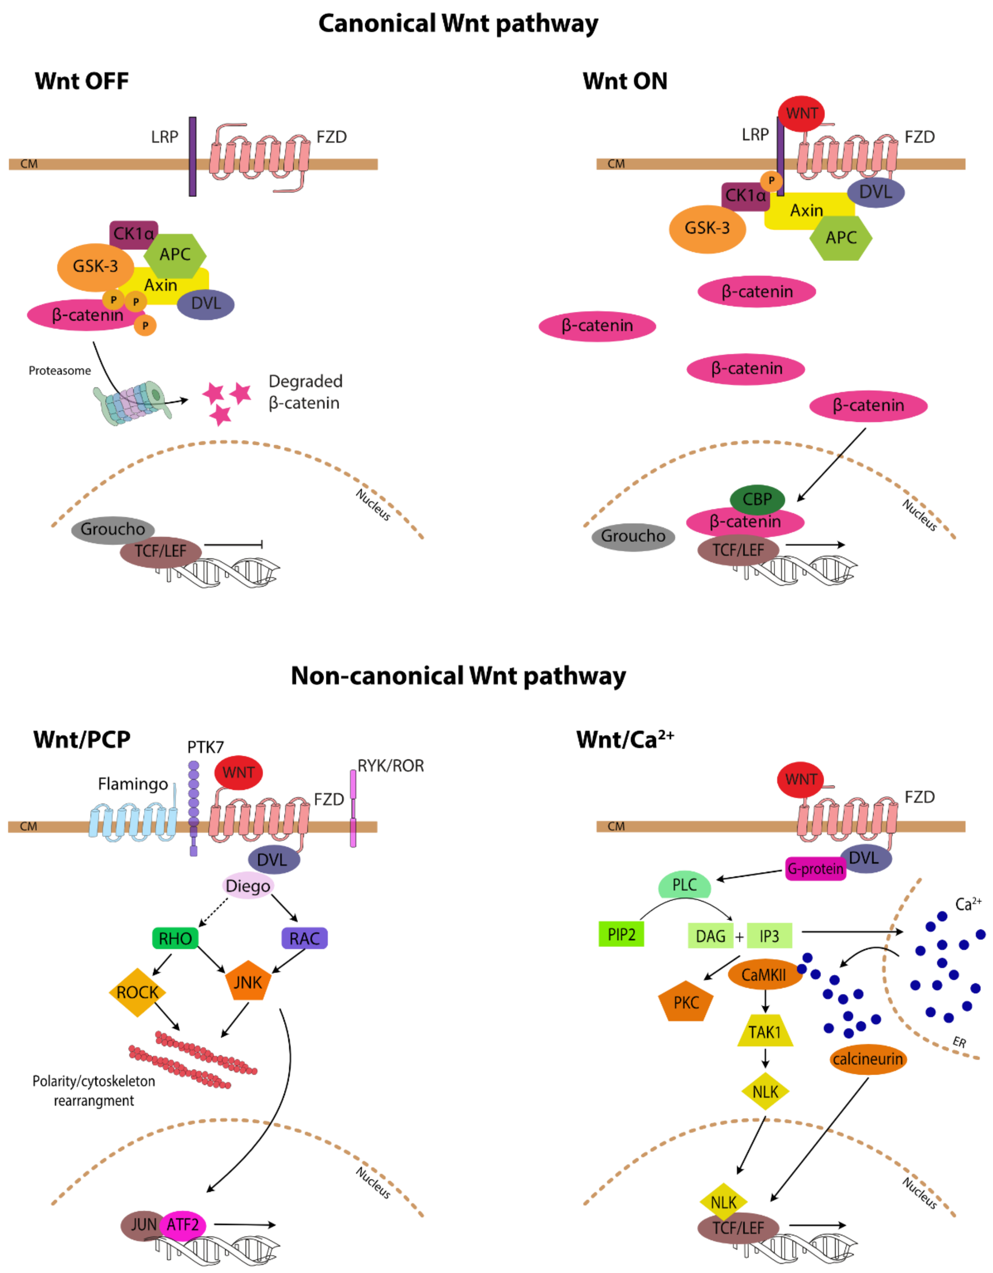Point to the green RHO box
tap(175, 939)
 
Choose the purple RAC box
tap(304, 939)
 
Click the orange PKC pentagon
tap(686, 1003)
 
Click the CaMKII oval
tap(764, 974)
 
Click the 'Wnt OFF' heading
tap(82, 81)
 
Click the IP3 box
tap(769, 936)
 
